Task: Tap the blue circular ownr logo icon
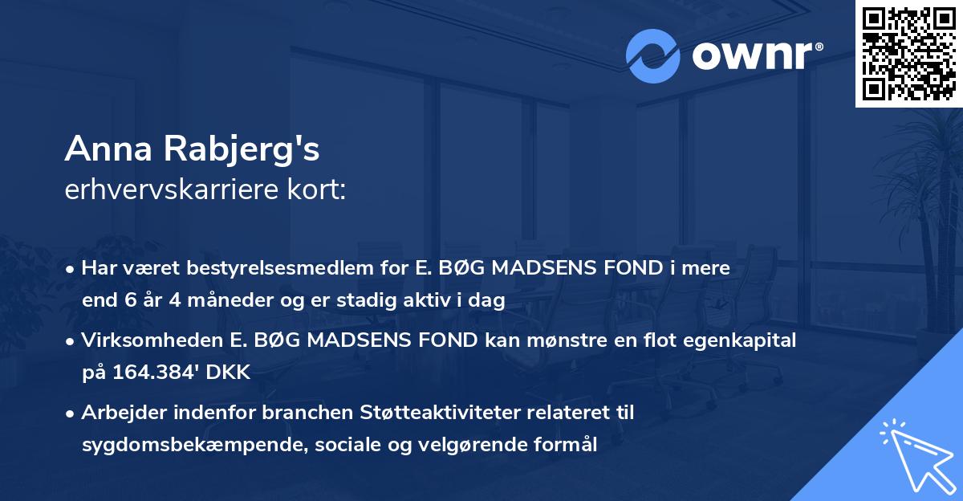point(652,56)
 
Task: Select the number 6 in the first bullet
point(132,301)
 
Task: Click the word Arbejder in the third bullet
point(117,413)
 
